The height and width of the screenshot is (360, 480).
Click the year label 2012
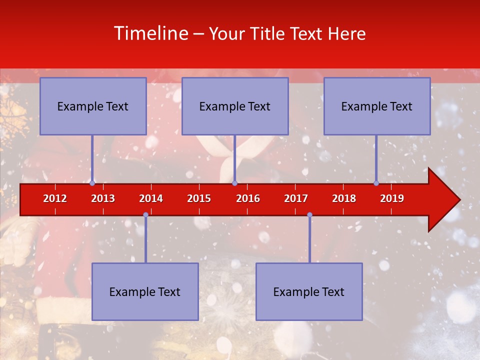click(55, 198)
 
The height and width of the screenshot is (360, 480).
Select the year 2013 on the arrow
click(103, 198)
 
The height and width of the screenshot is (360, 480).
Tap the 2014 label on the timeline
click(151, 198)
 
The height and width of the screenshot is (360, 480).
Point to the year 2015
click(199, 198)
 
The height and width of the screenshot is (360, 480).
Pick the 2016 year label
click(248, 198)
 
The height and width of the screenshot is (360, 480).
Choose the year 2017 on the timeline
click(296, 198)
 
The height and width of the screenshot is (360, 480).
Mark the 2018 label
click(344, 198)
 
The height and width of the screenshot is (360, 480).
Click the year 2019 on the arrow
click(392, 198)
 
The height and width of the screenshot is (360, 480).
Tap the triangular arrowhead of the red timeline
click(442, 200)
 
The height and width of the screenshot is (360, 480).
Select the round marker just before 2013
click(92, 183)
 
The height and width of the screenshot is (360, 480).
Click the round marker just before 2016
click(234, 183)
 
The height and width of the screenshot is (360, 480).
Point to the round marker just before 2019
click(376, 183)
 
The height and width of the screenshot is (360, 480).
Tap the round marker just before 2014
click(145, 215)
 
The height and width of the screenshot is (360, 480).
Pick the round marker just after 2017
click(309, 215)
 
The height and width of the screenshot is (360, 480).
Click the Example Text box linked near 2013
click(93, 106)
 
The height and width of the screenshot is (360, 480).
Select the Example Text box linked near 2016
click(235, 106)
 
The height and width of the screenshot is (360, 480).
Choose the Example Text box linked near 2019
click(377, 106)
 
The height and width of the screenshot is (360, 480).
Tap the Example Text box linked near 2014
click(145, 292)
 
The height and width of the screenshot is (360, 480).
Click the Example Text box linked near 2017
click(309, 292)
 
